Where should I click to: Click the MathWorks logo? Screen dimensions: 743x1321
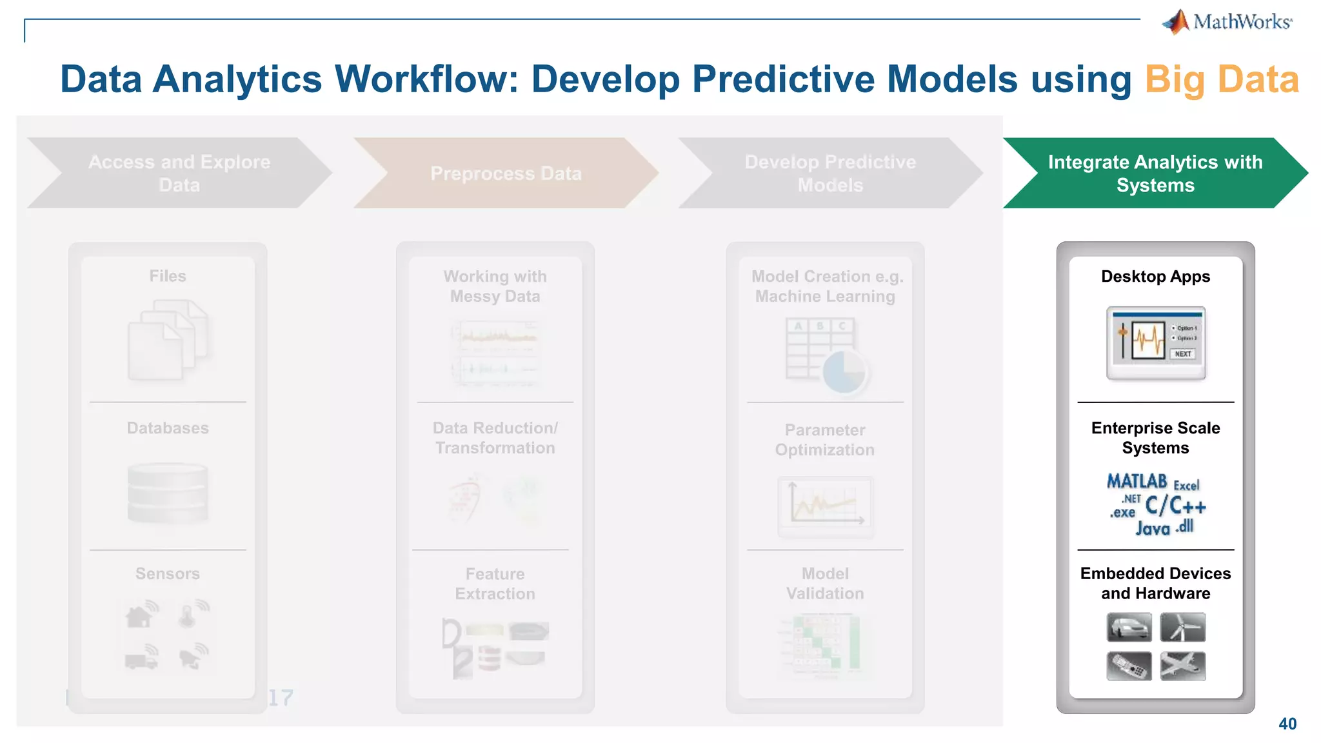[1227, 22]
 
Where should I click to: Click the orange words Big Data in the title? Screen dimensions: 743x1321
[1221, 79]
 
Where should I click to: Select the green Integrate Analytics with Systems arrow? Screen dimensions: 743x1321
[1155, 173]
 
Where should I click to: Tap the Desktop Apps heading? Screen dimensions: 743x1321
[1155, 277]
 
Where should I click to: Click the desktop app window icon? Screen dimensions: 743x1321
[1156, 343]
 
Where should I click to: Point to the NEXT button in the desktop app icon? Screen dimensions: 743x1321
[1183, 353]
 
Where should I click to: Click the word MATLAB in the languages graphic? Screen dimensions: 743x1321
[1137, 481]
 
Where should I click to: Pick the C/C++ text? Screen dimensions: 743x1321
[1175, 506]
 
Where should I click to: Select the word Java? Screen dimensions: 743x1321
[1153, 530]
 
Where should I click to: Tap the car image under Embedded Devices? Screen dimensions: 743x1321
[1129, 627]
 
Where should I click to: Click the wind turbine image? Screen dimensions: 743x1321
[1182, 627]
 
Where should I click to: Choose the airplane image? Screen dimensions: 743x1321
[1182, 666]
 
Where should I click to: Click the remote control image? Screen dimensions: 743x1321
[1129, 666]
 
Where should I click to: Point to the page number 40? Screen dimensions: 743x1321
[1287, 724]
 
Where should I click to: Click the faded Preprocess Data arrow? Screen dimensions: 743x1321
[506, 173]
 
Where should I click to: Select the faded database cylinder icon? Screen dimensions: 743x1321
[168, 492]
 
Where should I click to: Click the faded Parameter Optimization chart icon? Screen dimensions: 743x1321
[825, 506]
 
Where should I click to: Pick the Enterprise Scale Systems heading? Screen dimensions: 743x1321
[1155, 438]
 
